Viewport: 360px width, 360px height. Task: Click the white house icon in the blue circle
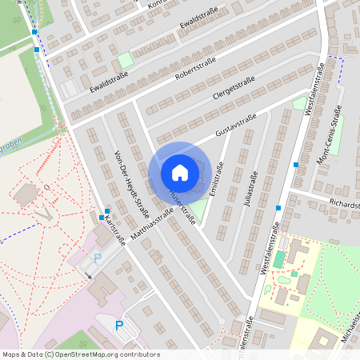[x=179, y=173]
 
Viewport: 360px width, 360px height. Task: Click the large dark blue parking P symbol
[x=119, y=326]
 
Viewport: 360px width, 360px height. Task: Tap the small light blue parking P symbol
[x=98, y=258]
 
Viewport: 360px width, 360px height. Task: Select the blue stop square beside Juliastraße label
[x=278, y=208]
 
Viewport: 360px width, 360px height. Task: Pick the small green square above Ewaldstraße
[x=124, y=59]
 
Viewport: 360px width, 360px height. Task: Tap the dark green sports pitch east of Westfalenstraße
[x=278, y=260]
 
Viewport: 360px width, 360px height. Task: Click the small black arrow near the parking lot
[x=90, y=275]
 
